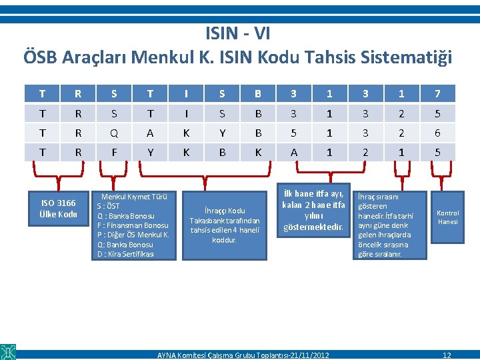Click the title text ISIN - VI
point(238,33)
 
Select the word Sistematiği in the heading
point(406,57)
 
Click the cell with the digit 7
point(437,93)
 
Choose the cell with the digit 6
point(437,133)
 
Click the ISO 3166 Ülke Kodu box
point(59,209)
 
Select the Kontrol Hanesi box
point(447,217)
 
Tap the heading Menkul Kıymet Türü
point(134,197)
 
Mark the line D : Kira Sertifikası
point(125,254)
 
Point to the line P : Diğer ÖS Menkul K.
point(133,235)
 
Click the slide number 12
point(447,355)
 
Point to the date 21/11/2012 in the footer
point(309,355)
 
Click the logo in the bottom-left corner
point(8,351)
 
